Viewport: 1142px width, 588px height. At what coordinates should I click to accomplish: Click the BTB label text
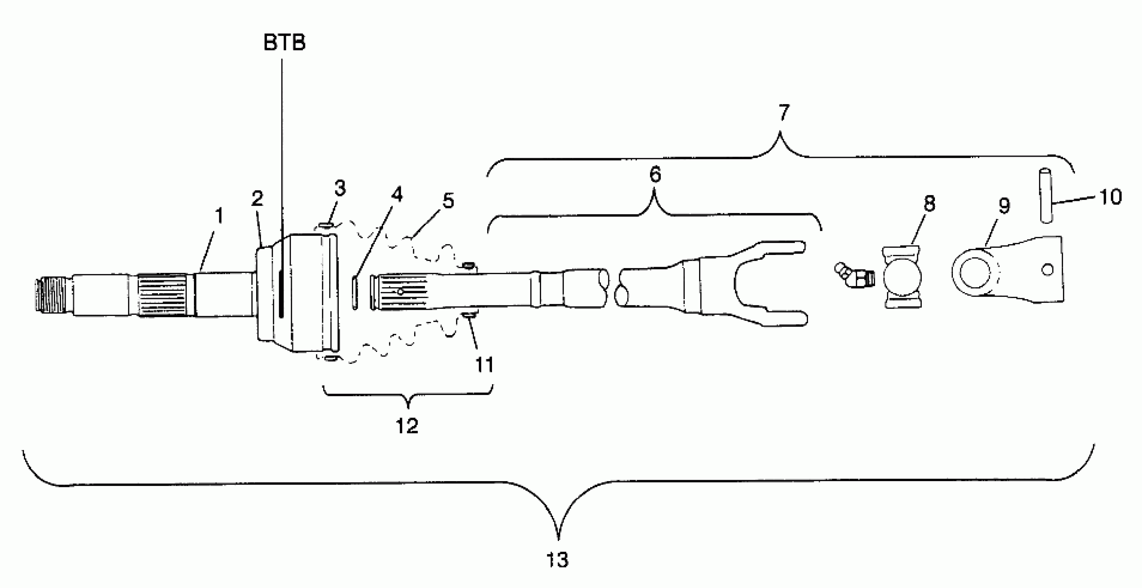click(x=284, y=43)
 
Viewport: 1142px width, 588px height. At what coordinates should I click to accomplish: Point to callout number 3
click(x=340, y=188)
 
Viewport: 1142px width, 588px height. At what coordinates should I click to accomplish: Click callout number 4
click(x=397, y=194)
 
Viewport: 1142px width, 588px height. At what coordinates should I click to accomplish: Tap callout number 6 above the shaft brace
click(x=655, y=174)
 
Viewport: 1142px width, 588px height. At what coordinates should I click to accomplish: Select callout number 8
click(x=929, y=203)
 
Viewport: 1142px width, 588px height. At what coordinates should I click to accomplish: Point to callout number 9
click(x=1004, y=205)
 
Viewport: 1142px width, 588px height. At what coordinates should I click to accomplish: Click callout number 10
click(x=1111, y=196)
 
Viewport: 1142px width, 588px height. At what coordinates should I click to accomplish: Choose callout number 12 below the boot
click(x=407, y=426)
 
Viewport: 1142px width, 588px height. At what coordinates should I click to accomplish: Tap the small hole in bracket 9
click(x=1048, y=269)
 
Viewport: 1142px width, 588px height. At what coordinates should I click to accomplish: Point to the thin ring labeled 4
click(x=355, y=292)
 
